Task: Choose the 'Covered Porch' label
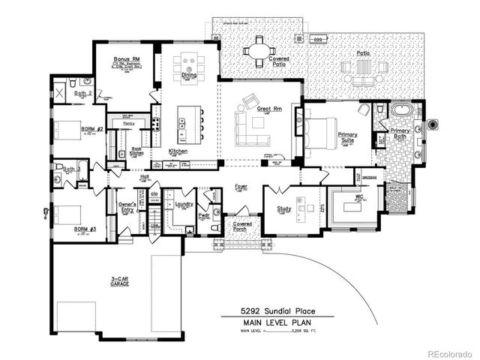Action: (241, 226)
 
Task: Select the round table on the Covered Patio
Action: (259, 49)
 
